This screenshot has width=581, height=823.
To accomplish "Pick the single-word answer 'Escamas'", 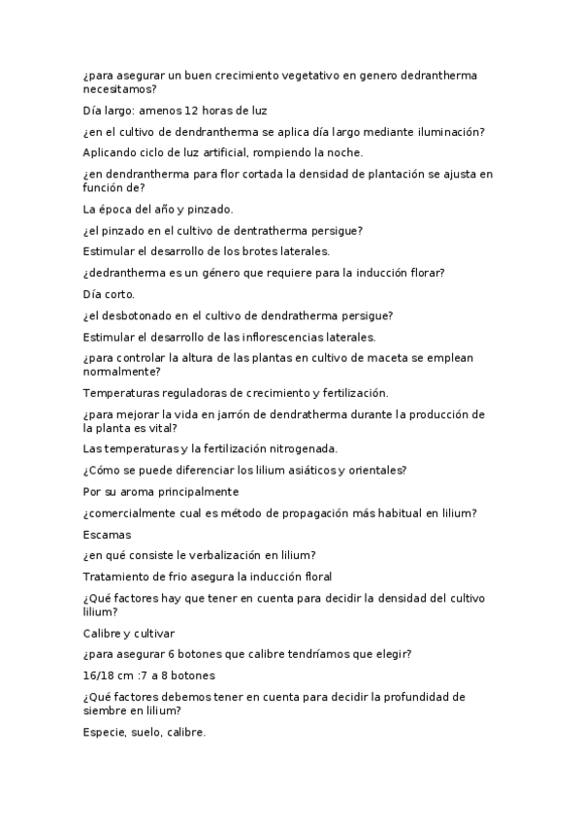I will click(x=107, y=534).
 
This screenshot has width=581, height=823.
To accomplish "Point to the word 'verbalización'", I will click(x=215, y=555).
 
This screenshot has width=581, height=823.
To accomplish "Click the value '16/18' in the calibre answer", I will click(x=100, y=675).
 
